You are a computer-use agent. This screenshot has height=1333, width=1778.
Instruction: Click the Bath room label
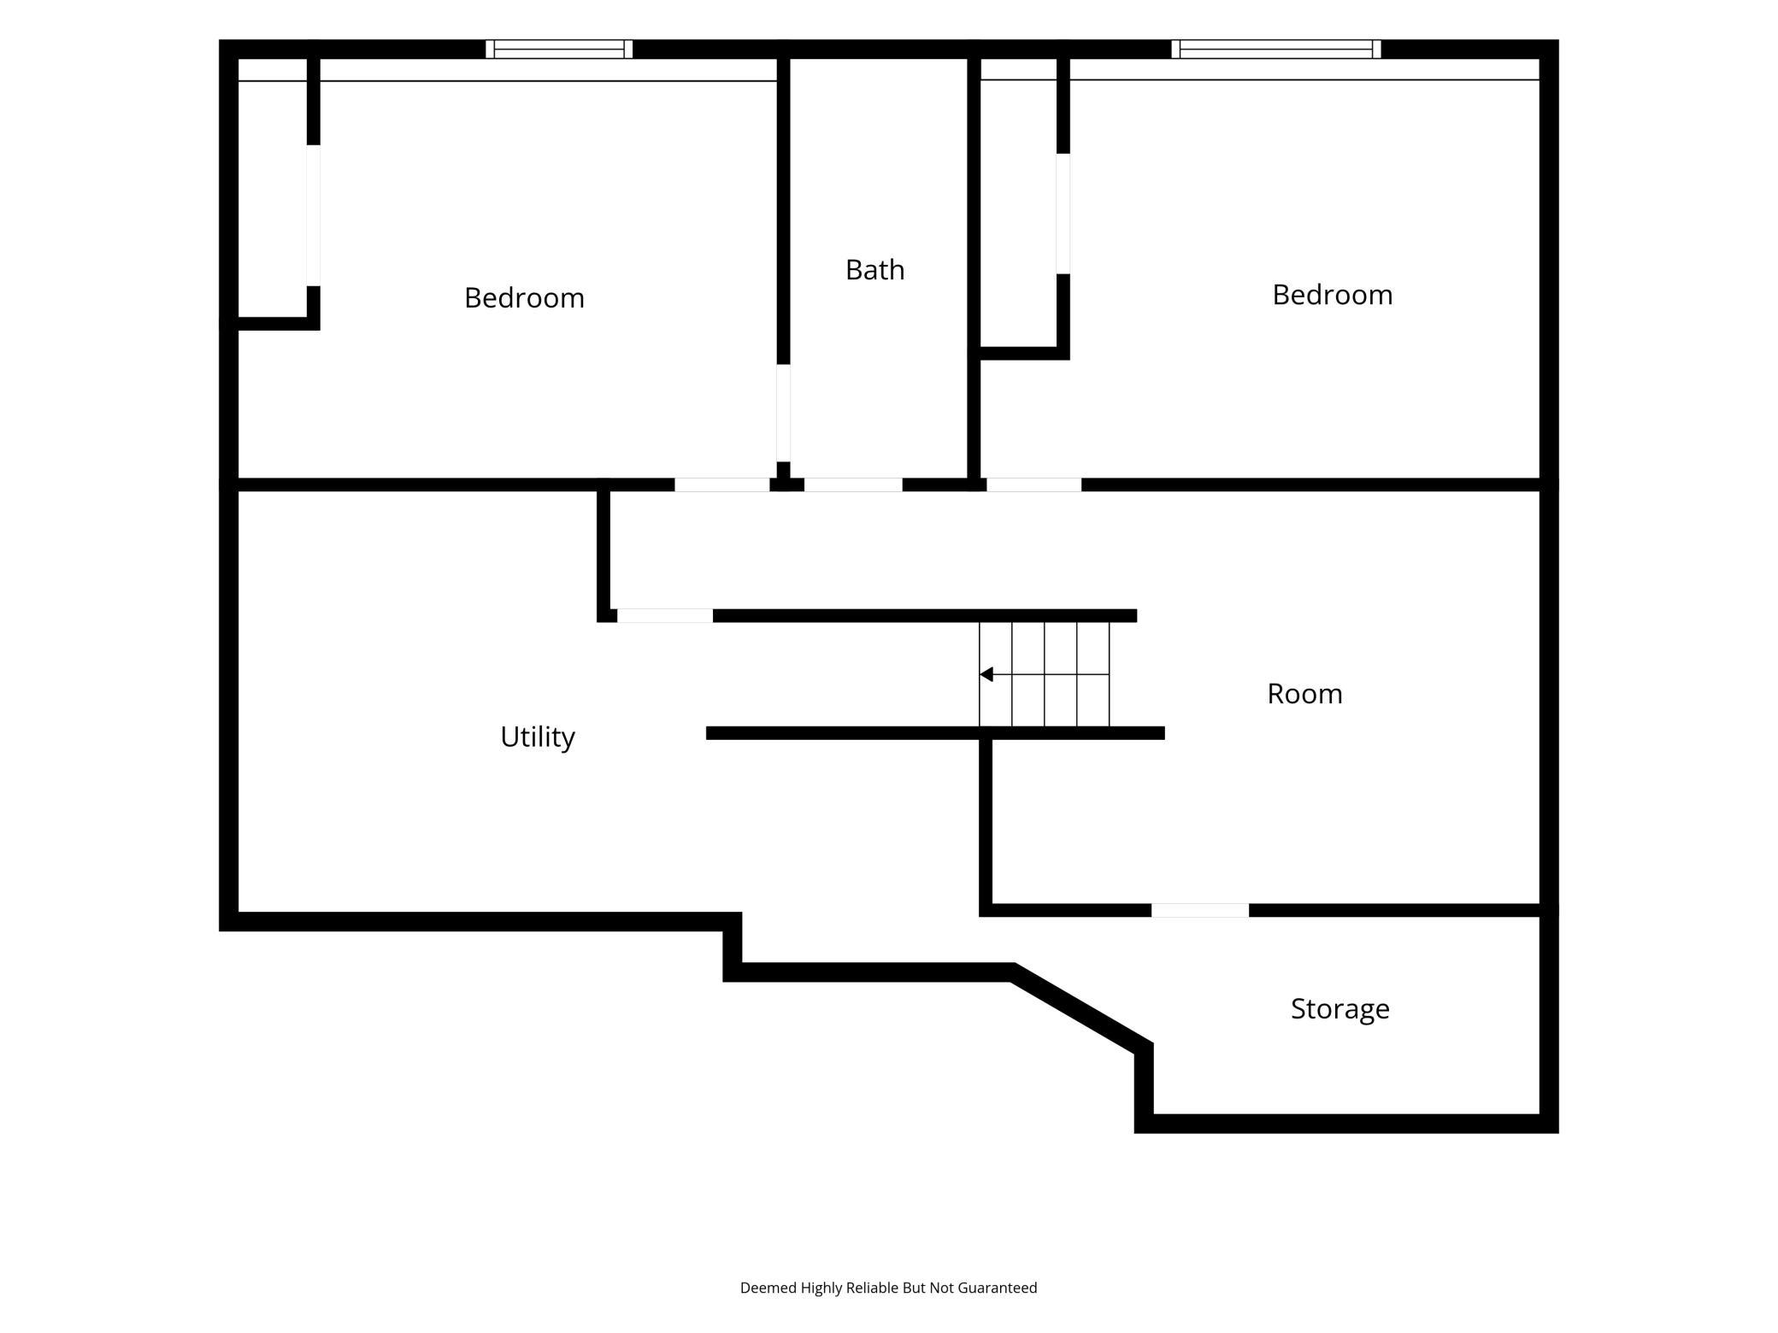coord(874,270)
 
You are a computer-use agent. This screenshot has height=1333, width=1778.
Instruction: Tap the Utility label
coord(538,737)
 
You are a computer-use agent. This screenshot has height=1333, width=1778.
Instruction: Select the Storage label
coord(1339,1009)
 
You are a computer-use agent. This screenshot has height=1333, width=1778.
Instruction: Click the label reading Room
coord(1304,694)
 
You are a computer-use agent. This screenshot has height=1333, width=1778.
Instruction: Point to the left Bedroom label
coord(524,297)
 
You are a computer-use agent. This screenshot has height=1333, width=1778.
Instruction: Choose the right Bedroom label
coord(1332,294)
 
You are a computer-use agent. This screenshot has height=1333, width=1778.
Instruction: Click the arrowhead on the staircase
coord(986,674)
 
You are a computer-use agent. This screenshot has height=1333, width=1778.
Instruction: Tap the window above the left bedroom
coord(559,49)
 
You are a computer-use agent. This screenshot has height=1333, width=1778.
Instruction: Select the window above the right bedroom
coord(1275,49)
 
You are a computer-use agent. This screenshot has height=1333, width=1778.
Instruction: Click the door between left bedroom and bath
coord(783,413)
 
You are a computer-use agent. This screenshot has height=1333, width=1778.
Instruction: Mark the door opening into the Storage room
coord(1200,910)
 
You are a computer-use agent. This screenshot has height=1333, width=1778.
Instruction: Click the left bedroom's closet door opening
coord(314,215)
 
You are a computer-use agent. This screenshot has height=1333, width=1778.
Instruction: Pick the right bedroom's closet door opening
coord(1063,214)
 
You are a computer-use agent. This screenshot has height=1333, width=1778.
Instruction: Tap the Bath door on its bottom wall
coord(853,484)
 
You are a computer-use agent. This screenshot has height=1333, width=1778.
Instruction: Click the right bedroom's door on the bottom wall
coord(1034,484)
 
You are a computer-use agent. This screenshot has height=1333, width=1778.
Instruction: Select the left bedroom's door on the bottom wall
coord(722,484)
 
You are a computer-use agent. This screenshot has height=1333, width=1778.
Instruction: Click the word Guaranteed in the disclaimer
coord(998,1288)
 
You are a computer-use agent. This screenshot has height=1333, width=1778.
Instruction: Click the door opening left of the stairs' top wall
coord(665,615)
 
